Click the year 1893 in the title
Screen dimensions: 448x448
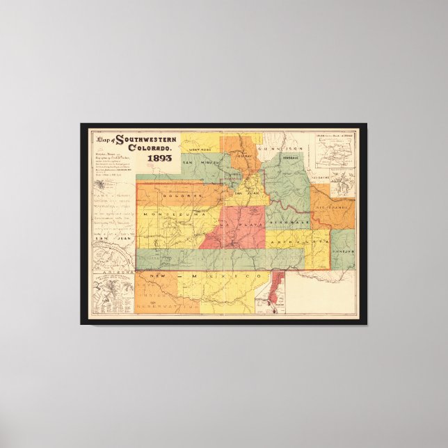159,157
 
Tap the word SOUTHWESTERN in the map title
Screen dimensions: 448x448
146,139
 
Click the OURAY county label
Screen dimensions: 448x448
243,157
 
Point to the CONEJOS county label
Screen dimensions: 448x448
344,251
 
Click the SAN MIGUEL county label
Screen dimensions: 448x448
200,162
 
